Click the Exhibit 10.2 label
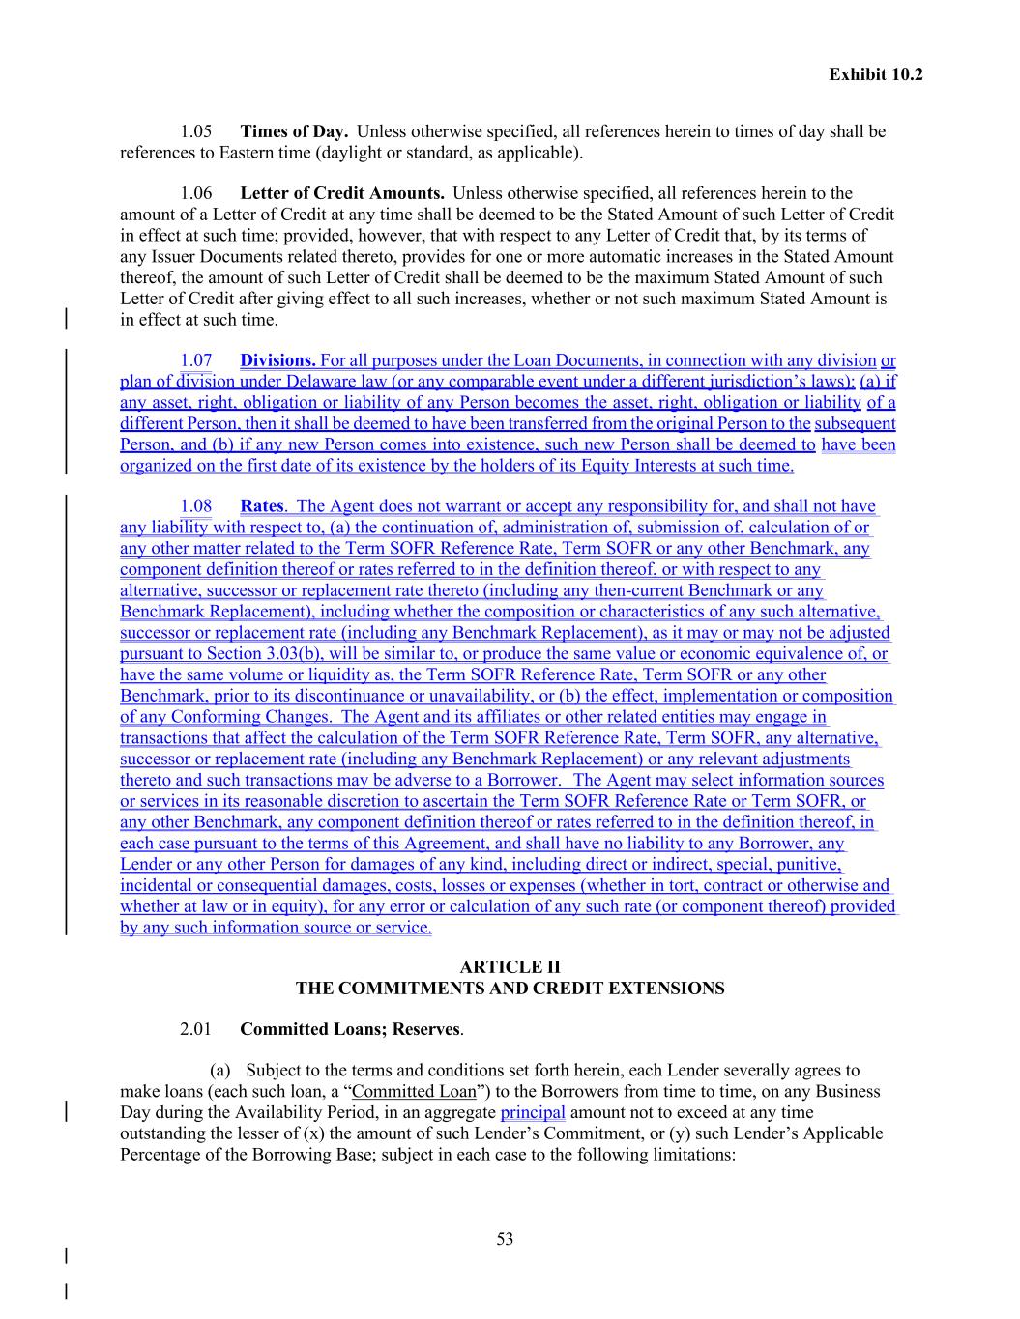pyautogui.click(x=875, y=73)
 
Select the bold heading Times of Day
pyautogui.click(x=294, y=131)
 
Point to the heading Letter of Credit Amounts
pyautogui.click(x=342, y=193)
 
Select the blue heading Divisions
pyautogui.click(x=277, y=361)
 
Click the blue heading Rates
pyautogui.click(x=262, y=506)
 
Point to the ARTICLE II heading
pyautogui.click(x=510, y=967)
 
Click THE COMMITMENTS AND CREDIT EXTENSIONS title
pyautogui.click(x=510, y=989)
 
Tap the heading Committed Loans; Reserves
pyautogui.click(x=349, y=1029)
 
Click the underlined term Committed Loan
pyautogui.click(x=415, y=1092)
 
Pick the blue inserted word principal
pyautogui.click(x=533, y=1112)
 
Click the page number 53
pyautogui.click(x=505, y=1239)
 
